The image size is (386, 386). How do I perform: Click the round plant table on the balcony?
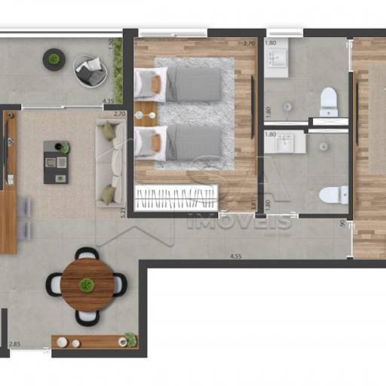54,59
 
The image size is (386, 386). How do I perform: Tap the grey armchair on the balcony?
90,70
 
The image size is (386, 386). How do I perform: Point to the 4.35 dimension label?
109,100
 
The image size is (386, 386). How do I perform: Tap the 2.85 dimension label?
15,345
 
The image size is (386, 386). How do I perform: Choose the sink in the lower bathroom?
285,142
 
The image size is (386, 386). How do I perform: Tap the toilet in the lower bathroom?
332,195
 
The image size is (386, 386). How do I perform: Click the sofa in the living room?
110,163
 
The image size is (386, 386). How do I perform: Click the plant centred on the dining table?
87,285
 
